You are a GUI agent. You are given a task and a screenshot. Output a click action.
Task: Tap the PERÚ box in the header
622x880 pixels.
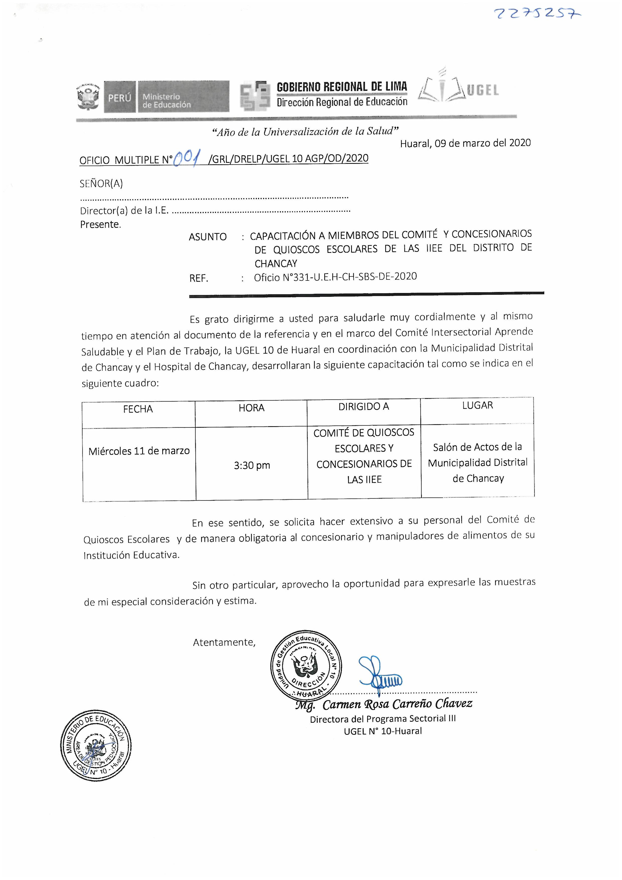click(120, 97)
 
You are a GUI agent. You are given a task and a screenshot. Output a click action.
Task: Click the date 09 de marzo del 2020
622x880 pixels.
click(483, 143)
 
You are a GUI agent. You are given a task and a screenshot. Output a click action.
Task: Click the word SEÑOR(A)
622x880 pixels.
click(101, 184)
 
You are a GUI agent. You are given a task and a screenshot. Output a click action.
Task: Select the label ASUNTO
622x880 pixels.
click(208, 237)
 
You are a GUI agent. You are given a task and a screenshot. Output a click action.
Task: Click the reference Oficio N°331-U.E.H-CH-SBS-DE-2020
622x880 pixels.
click(335, 277)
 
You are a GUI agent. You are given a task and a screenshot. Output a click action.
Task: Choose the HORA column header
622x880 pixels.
click(251, 408)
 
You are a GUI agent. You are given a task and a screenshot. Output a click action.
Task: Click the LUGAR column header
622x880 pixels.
click(478, 405)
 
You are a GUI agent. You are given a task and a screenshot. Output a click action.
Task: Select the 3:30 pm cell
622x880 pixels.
click(252, 465)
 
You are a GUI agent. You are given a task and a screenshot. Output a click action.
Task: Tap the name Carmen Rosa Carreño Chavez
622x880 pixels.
click(397, 704)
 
